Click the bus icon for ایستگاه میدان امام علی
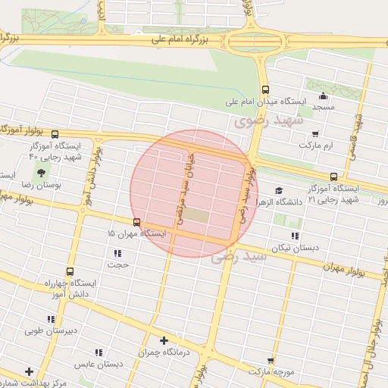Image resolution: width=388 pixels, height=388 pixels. click(x=265, y=89)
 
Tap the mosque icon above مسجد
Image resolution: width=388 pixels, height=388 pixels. click(x=324, y=95)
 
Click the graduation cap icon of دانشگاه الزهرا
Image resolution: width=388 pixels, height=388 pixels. click(x=279, y=191)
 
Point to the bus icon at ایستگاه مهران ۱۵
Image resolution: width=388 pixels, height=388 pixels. click(x=136, y=222)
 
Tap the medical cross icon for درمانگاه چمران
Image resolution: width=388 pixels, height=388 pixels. click(x=164, y=340)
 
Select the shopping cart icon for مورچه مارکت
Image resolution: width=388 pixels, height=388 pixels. click(x=271, y=361)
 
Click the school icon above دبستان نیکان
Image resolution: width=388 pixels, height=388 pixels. click(x=295, y=236)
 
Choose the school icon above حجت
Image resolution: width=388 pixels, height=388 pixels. click(x=117, y=253)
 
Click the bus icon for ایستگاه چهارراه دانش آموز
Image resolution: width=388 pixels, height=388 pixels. click(x=70, y=271)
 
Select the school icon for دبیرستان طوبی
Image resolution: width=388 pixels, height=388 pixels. click(x=52, y=319)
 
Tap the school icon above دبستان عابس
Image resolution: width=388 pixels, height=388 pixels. click(x=99, y=352)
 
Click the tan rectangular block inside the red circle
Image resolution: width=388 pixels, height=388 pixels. click(x=196, y=216)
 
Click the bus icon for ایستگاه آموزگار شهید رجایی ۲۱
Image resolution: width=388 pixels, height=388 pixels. click(x=333, y=177)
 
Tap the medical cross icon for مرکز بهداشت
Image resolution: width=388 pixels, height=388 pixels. click(x=29, y=371)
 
